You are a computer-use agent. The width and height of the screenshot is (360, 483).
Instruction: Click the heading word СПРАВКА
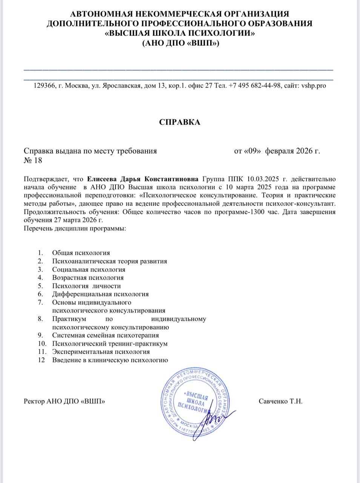[180, 123]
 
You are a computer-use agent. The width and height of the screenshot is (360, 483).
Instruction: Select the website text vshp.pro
[313, 86]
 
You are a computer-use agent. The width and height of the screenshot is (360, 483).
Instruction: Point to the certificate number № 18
[33, 161]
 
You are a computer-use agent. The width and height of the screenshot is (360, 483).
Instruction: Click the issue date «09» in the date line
[253, 151]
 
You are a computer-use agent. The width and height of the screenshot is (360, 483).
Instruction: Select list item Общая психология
[81, 253]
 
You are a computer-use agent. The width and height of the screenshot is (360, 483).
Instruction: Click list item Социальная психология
[89, 270]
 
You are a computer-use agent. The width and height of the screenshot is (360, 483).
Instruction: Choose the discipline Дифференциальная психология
[100, 294]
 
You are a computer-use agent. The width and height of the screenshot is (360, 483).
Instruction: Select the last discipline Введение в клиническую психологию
[110, 360]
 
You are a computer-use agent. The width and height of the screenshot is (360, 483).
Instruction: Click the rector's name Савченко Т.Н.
[281, 401]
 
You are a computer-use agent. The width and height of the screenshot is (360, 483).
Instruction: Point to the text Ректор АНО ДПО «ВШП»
[64, 401]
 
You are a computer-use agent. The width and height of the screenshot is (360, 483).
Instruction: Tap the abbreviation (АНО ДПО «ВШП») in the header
[180, 43]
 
